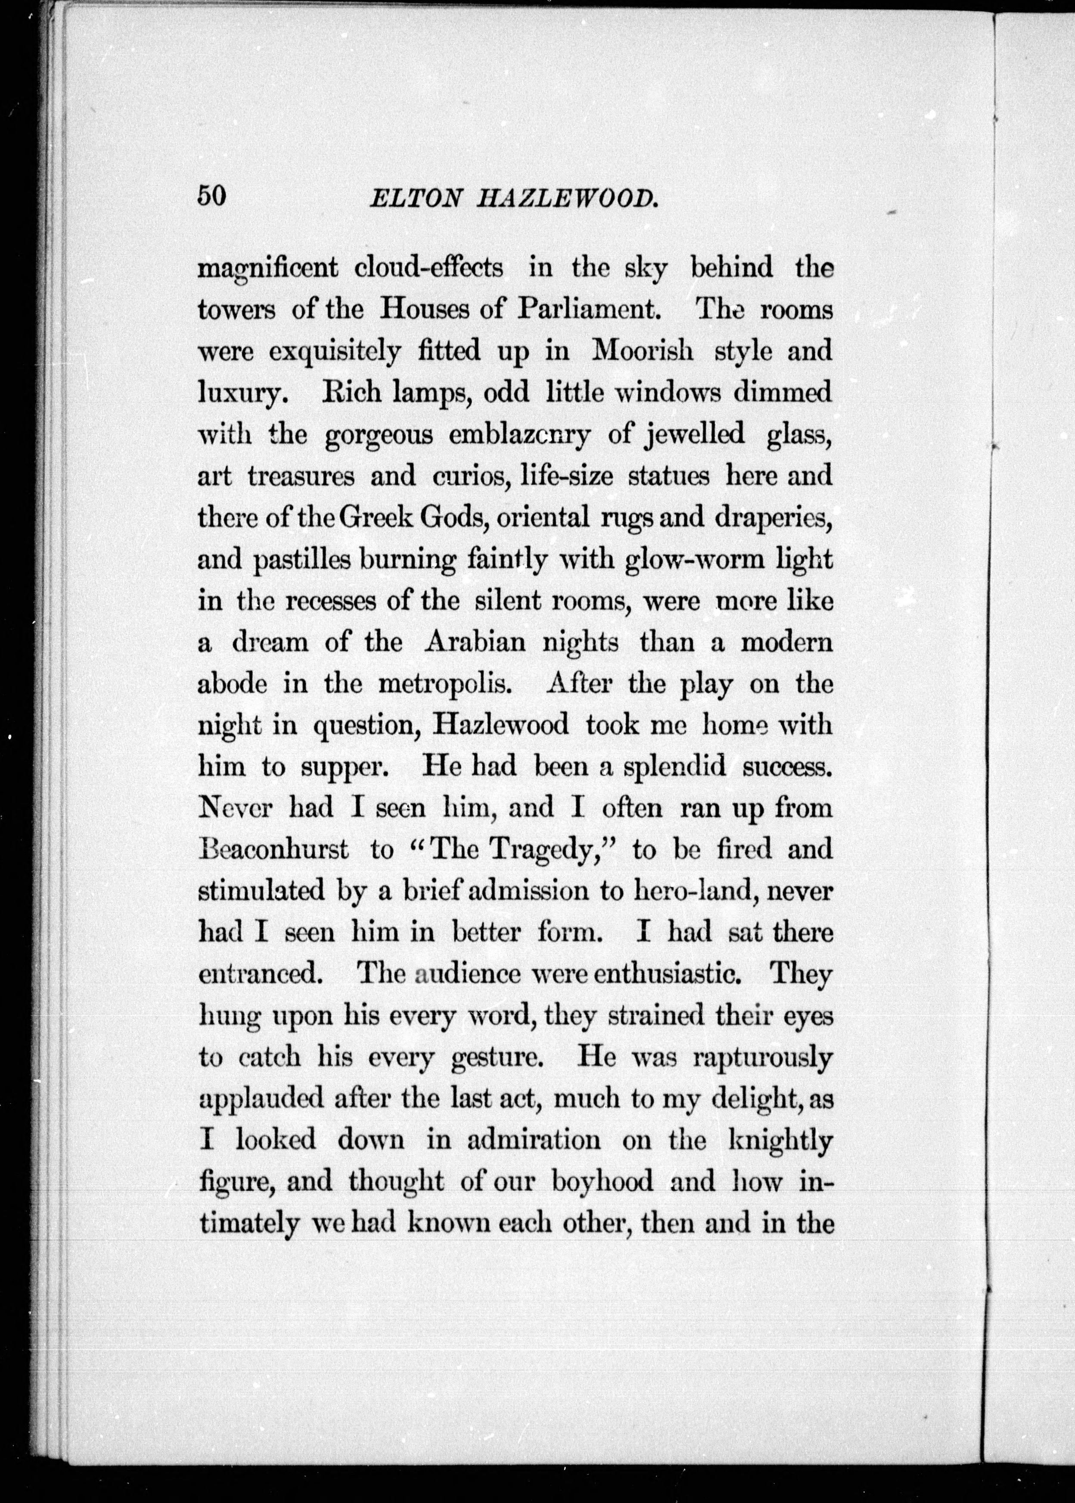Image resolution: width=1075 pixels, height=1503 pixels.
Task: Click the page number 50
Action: [212, 196]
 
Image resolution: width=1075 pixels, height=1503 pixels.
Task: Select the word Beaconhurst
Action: [273, 849]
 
